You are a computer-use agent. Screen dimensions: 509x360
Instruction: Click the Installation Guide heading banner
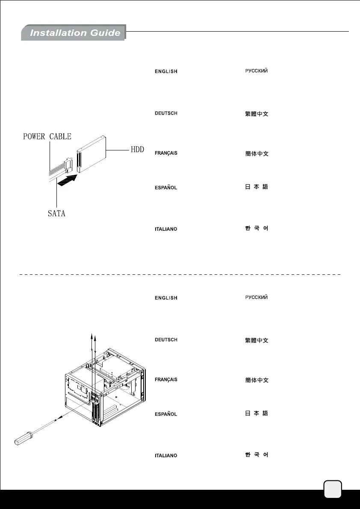tap(74, 33)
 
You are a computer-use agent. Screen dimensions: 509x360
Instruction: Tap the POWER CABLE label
tap(47, 137)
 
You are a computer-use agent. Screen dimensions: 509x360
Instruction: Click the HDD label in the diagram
tap(136, 150)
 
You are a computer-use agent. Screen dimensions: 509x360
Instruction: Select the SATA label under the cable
tap(56, 213)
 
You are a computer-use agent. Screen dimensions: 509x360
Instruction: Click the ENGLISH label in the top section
tap(166, 71)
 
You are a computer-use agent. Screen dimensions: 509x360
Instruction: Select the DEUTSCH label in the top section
tap(166, 113)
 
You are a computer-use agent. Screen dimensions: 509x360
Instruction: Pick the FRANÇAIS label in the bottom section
tap(166, 380)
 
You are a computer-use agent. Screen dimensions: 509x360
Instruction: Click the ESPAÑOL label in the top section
tap(166, 188)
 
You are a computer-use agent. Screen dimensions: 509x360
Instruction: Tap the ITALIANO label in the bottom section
tap(166, 456)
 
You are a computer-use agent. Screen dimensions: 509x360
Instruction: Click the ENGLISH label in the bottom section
tap(166, 298)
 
